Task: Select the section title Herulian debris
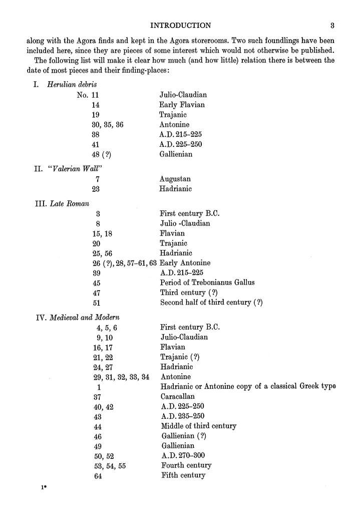click(68, 84)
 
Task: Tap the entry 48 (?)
click(102, 154)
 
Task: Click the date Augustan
click(175, 179)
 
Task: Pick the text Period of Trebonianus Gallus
click(207, 283)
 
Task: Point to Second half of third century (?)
click(211, 303)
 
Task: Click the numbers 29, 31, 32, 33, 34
click(122, 376)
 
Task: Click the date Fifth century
click(183, 475)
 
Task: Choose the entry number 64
click(98, 476)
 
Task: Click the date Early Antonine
click(185, 263)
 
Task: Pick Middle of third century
click(198, 426)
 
